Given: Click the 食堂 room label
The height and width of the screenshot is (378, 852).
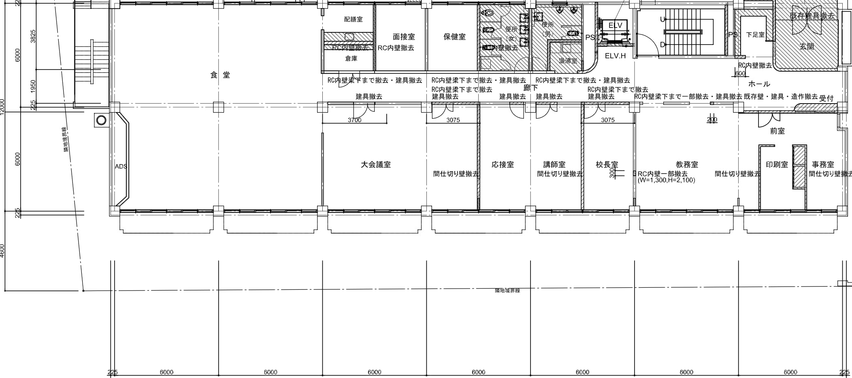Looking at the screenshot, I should [x=220, y=75].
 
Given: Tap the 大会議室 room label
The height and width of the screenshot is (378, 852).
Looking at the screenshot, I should [x=375, y=165].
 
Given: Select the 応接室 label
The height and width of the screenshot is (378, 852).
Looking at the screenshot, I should [x=503, y=165].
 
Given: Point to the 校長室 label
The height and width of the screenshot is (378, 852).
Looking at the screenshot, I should [x=607, y=165].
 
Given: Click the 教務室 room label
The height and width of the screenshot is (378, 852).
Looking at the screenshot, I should [x=687, y=165].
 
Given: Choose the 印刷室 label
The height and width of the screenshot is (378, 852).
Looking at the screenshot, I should [x=777, y=165].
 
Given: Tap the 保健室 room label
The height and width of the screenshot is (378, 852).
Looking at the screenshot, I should [x=454, y=37].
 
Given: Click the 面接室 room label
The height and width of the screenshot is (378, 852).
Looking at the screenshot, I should [x=404, y=37].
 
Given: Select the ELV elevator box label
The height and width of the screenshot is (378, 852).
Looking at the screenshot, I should [x=615, y=25].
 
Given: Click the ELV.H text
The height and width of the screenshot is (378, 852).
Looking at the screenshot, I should [x=615, y=56].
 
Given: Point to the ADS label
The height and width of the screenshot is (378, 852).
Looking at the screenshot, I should [x=121, y=166].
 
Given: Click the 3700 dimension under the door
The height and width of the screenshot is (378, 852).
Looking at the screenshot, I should [x=354, y=120].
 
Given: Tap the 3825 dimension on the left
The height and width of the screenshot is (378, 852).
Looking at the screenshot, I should [x=33, y=36].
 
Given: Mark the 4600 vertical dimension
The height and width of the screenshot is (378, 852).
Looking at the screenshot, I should [x=3, y=251].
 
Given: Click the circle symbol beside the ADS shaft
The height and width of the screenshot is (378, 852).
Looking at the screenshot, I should [x=101, y=120].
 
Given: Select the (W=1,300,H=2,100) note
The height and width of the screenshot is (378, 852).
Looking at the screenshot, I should [x=666, y=180].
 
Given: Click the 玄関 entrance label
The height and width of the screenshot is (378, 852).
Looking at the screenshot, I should [x=807, y=47].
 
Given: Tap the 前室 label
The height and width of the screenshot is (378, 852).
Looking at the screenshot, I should [x=777, y=131].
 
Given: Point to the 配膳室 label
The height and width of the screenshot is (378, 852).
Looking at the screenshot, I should [x=353, y=19].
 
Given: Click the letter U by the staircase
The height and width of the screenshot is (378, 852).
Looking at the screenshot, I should [x=662, y=19].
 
